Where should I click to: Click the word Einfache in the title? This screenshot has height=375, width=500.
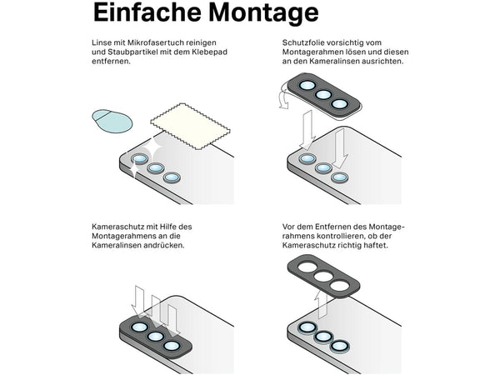point(147,12)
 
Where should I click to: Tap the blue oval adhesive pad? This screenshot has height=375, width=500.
point(112,121)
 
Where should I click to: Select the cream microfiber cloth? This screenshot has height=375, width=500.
point(190,127)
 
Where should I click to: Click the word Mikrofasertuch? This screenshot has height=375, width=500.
point(155,42)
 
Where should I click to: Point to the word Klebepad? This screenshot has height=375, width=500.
point(211,52)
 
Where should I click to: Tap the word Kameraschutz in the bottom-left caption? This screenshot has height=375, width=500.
point(117,227)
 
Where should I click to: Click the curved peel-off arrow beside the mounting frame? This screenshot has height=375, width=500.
point(283,95)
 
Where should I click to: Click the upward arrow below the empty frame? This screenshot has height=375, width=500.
point(321,303)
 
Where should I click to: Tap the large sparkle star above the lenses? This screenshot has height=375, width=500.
point(152,149)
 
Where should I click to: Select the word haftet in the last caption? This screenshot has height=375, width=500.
point(376,245)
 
